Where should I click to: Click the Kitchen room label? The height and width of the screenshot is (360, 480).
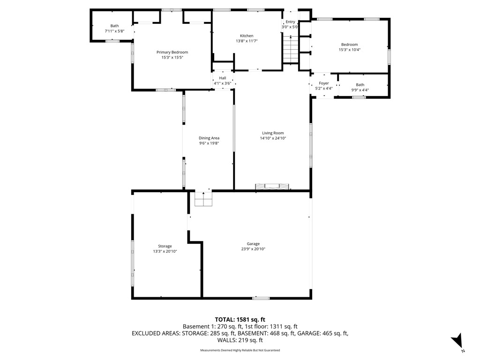(247, 36)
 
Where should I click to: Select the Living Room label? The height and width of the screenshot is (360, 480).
(273, 133)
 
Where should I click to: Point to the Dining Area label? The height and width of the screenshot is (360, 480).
(209, 138)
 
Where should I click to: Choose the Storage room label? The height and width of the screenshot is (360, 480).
(165, 246)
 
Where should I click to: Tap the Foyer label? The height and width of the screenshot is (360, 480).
(323, 83)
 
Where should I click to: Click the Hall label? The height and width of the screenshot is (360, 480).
(222, 78)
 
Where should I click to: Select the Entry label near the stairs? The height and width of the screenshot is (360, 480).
(291, 22)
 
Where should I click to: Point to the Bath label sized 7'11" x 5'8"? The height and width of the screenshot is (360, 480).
(114, 26)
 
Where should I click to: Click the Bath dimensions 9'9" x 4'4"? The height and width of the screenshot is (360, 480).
(360, 90)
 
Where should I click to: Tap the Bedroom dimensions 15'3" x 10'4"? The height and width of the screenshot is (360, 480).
(349, 50)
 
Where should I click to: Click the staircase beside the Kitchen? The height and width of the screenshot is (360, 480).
(291, 50)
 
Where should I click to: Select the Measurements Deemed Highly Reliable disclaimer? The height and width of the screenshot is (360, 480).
(240, 350)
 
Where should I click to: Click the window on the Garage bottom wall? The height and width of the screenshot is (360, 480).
(261, 298)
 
